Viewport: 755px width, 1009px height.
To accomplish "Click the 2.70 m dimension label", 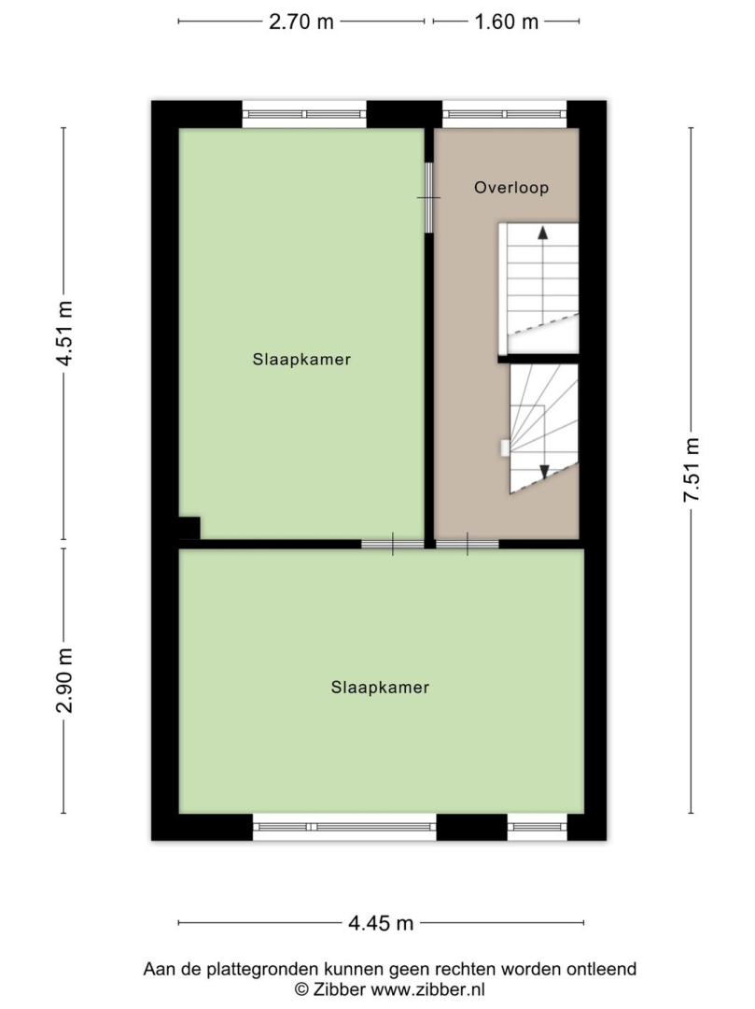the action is tap(301, 21).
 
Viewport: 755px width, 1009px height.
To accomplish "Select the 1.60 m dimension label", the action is tap(507, 21).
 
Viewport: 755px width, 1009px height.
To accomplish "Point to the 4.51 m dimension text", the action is tap(64, 334).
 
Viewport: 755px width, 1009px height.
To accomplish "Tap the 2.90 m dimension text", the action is tap(64, 681).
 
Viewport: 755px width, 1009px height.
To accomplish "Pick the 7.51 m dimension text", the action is tap(692, 470).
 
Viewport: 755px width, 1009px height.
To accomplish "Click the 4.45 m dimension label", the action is tap(381, 923).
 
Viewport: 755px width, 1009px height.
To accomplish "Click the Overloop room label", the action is tap(511, 188).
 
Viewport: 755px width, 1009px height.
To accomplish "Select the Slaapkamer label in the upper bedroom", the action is tap(301, 359).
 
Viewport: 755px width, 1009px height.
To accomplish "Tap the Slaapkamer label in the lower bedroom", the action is tap(380, 688).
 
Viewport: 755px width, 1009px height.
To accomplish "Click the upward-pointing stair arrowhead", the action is tap(543, 233).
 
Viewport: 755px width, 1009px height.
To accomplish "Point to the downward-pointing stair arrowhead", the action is tap(544, 472).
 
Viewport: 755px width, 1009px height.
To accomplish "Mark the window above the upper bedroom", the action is tap(304, 115).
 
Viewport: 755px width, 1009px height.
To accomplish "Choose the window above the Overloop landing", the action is tap(504, 115).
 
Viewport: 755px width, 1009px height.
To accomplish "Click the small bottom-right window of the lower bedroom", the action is tap(538, 827).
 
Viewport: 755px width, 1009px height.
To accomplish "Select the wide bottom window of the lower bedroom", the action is tap(344, 827).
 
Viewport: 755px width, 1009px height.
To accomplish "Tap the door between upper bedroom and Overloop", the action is tap(428, 197).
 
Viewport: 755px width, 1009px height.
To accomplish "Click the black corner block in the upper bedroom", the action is tap(189, 528).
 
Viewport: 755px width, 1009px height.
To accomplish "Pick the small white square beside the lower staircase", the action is tap(505, 448).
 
